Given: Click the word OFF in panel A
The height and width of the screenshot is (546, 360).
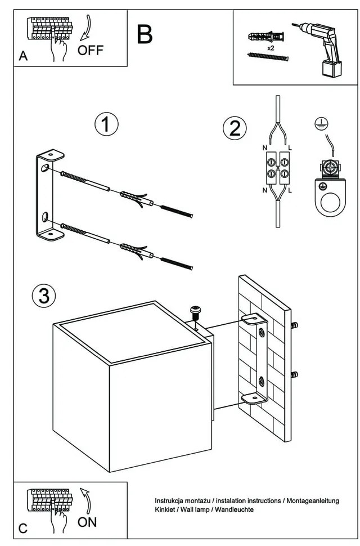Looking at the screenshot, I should pyautogui.click(x=91, y=50).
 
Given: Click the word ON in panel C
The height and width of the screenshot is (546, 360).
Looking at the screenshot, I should pyautogui.click(x=87, y=522).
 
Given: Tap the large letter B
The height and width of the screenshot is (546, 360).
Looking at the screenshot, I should pyautogui.click(x=145, y=35).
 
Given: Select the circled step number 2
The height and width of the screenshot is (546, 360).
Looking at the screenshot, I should pyautogui.click(x=235, y=128).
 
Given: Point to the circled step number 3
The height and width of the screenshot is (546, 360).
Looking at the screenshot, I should pyautogui.click(x=43, y=295).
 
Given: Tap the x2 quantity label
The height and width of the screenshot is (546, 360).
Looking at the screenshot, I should pyautogui.click(x=271, y=48).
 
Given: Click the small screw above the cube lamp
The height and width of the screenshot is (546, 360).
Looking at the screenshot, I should pyautogui.click(x=196, y=311).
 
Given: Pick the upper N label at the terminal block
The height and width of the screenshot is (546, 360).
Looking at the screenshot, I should pyautogui.click(x=265, y=148).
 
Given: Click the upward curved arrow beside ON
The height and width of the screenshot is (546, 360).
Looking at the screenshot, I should pyautogui.click(x=85, y=500).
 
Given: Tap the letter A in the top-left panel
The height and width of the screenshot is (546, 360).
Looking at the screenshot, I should pyautogui.click(x=23, y=56).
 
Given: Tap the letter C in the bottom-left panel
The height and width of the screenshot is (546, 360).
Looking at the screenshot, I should pyautogui.click(x=23, y=529).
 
